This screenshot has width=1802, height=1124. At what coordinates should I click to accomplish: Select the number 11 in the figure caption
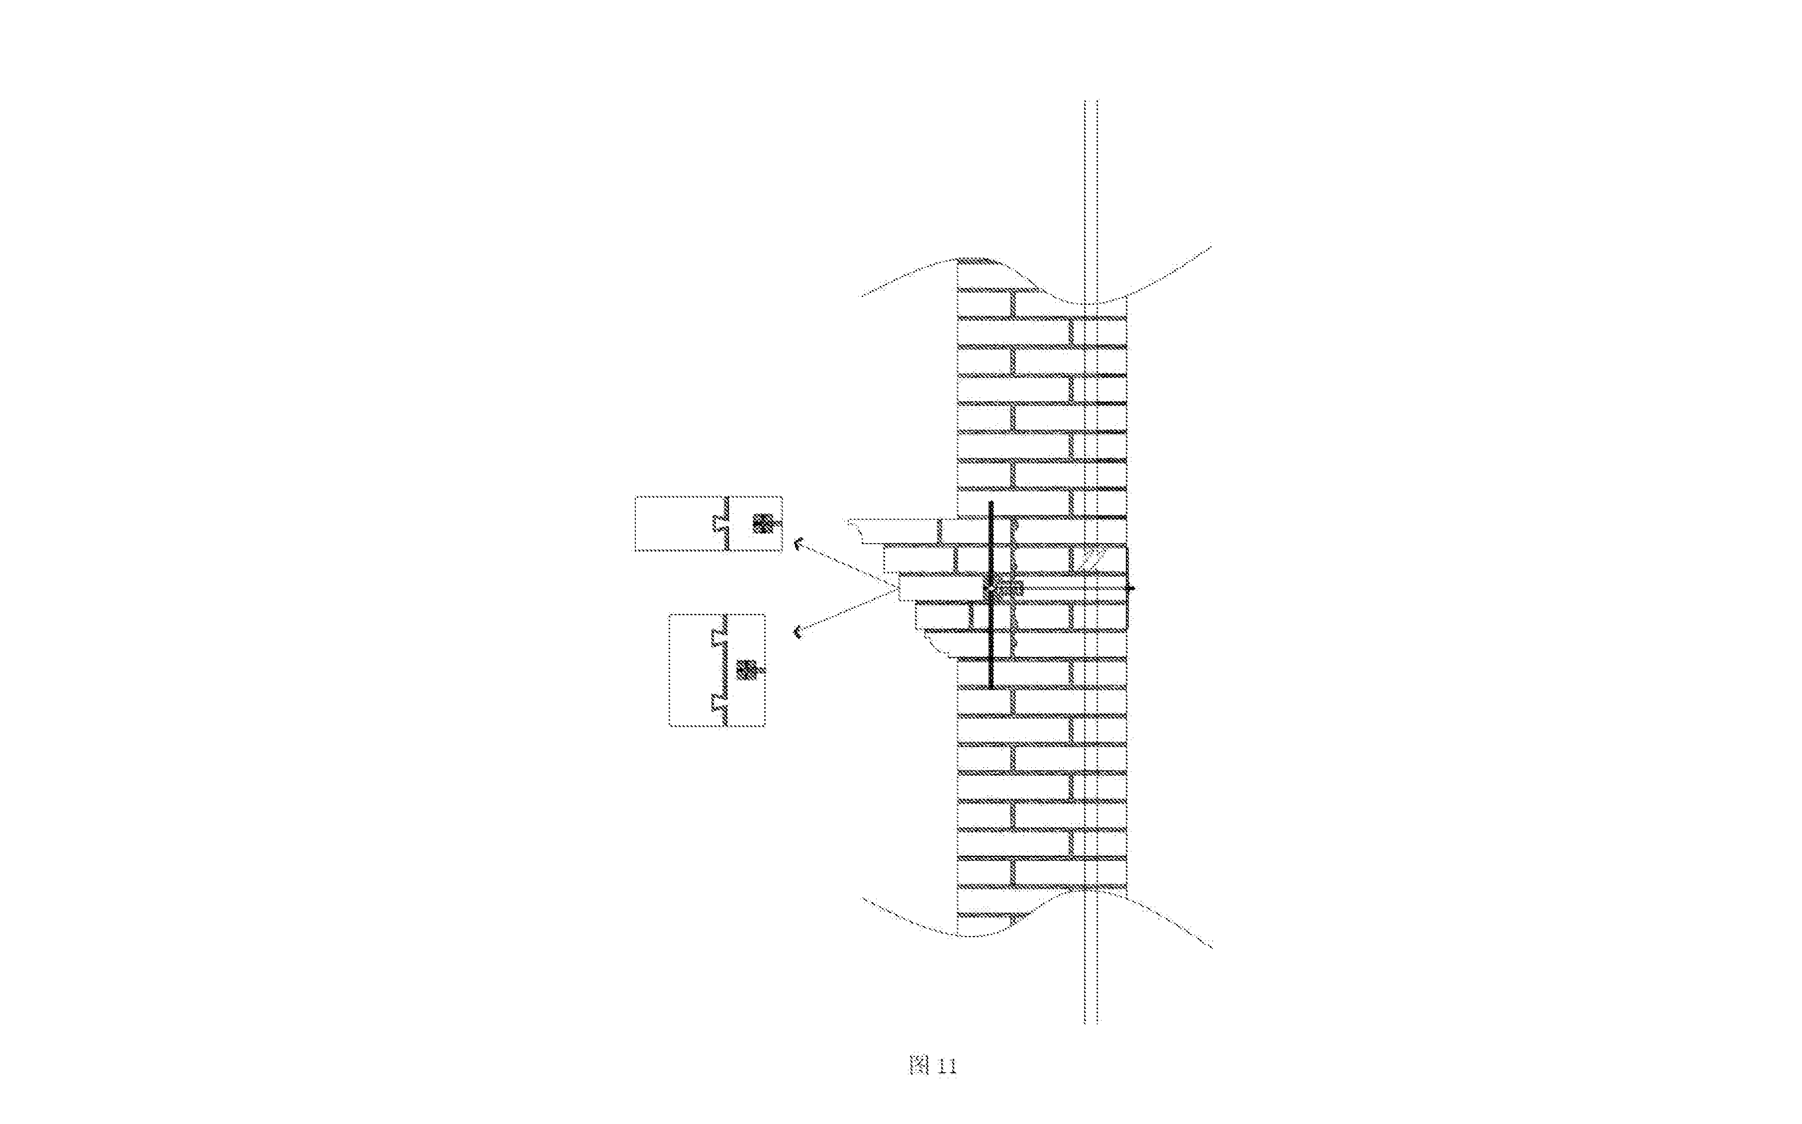click(946, 1067)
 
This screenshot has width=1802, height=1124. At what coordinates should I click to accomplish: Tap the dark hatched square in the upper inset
click(761, 523)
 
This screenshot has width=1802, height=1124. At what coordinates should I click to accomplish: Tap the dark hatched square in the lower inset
click(746, 670)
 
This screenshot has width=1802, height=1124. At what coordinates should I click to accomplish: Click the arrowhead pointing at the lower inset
click(799, 633)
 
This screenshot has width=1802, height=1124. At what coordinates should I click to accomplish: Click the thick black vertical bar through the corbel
click(991, 595)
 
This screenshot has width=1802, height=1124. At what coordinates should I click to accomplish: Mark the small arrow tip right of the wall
click(1131, 589)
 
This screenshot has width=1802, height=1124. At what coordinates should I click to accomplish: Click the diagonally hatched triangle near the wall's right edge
click(1087, 559)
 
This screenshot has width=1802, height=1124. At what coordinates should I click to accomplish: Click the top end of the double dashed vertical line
click(1091, 101)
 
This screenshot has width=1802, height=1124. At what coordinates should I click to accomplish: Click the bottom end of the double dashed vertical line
click(1091, 1023)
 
